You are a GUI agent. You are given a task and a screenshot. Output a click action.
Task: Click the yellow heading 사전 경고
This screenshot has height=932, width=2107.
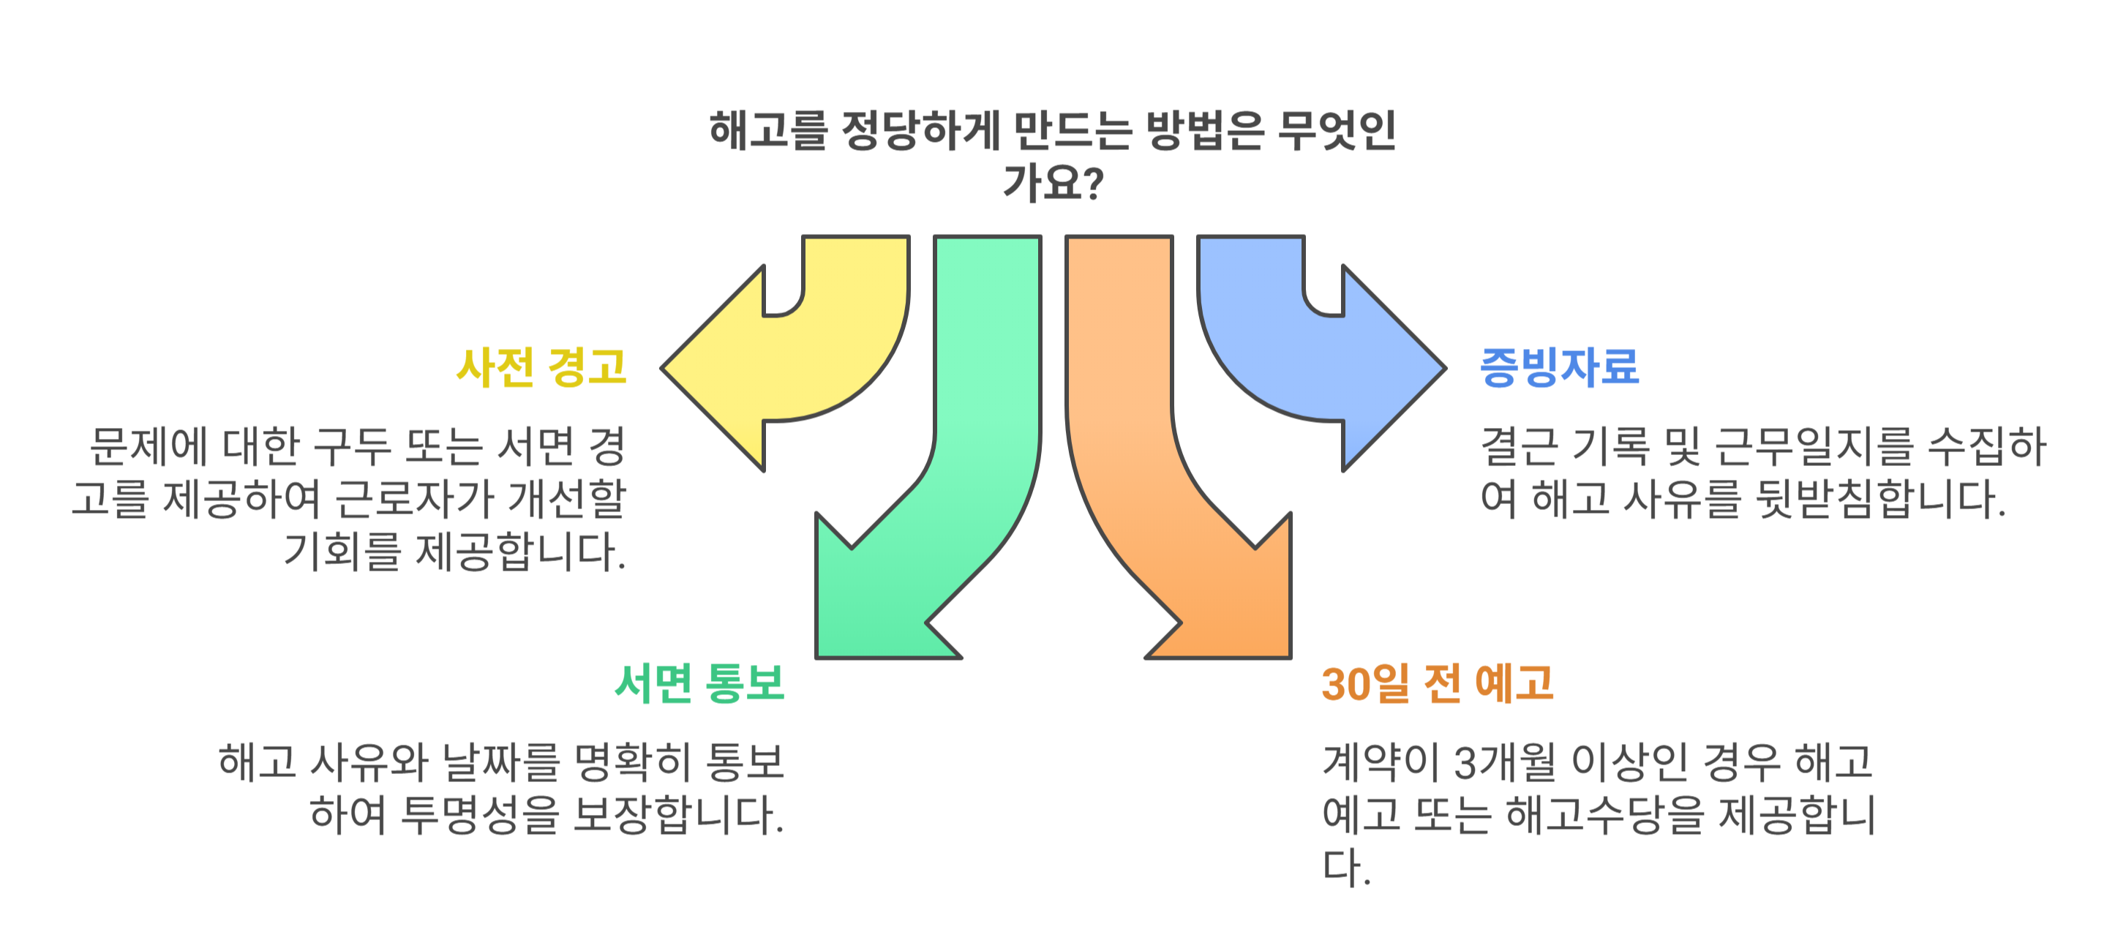tap(541, 367)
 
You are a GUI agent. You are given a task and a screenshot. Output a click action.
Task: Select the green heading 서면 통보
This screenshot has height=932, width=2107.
tap(699, 683)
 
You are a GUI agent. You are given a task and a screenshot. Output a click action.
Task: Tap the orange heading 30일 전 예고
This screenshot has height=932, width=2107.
tap(1437, 683)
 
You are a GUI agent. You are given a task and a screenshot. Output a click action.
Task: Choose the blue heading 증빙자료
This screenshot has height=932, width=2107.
tap(1559, 367)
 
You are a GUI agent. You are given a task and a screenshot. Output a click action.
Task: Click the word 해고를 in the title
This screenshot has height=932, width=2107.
tap(768, 131)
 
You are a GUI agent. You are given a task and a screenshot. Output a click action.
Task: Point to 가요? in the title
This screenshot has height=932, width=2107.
tap(1053, 183)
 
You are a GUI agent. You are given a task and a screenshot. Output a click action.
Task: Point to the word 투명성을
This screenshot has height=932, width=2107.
tap(479, 815)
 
